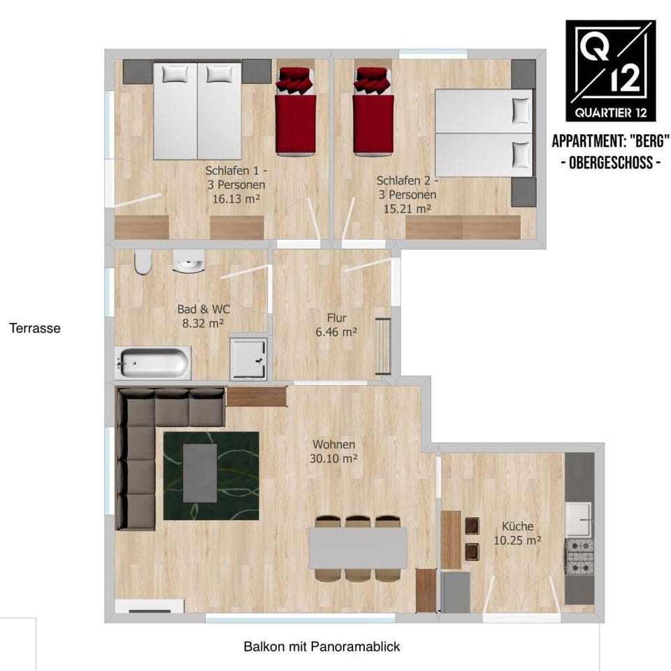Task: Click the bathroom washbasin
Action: (189, 262)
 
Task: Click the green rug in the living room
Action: (211, 475)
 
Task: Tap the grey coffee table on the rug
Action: (200, 473)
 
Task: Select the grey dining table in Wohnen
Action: (359, 547)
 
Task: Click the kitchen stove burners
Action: (579, 556)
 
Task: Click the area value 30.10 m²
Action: (334, 459)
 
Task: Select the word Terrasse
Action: (35, 327)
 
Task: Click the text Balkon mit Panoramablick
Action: (322, 647)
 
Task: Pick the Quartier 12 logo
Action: (611, 70)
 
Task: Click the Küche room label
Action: (518, 526)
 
